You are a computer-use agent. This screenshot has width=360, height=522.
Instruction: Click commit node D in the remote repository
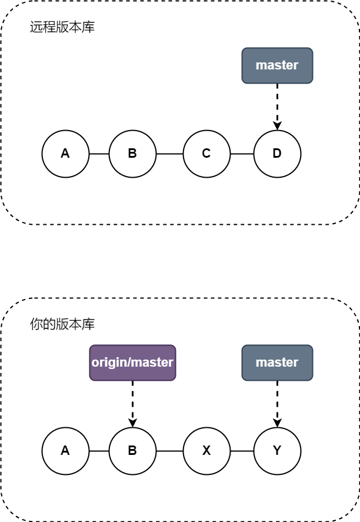pyautogui.click(x=277, y=154)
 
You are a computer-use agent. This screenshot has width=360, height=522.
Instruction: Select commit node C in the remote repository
pyautogui.click(x=206, y=154)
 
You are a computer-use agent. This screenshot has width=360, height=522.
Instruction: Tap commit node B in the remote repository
pyautogui.click(x=132, y=154)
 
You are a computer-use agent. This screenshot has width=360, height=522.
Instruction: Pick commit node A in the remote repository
pyautogui.click(x=65, y=154)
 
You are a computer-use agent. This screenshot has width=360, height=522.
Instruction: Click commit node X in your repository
pyautogui.click(x=206, y=451)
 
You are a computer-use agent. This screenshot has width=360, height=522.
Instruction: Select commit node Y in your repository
pyautogui.click(x=277, y=451)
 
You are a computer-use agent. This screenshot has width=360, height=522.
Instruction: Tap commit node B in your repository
pyautogui.click(x=132, y=451)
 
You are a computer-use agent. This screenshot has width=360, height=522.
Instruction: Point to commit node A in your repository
pyautogui.click(x=65, y=451)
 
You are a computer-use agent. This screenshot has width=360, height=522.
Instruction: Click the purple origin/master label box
pyautogui.click(x=132, y=363)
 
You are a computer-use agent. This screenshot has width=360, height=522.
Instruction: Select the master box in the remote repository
pyautogui.click(x=277, y=65)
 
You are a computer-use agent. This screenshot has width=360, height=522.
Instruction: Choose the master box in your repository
pyautogui.click(x=277, y=363)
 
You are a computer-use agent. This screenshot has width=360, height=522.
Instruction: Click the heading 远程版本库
pyautogui.click(x=62, y=27)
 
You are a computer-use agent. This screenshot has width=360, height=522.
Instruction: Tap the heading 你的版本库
pyautogui.click(x=62, y=324)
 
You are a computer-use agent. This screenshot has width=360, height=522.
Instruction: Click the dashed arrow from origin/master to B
pyautogui.click(x=132, y=404)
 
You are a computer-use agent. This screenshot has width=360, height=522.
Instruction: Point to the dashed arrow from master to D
pyautogui.click(x=277, y=107)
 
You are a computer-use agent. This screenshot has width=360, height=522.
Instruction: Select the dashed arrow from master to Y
pyautogui.click(x=277, y=404)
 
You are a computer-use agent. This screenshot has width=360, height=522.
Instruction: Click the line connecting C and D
pyautogui.click(x=242, y=154)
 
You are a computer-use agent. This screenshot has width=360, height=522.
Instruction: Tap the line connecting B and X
pyautogui.click(x=169, y=451)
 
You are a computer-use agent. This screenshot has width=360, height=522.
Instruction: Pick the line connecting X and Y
pyautogui.click(x=242, y=451)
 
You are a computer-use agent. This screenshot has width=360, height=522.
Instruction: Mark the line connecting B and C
pyautogui.click(x=169, y=154)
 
